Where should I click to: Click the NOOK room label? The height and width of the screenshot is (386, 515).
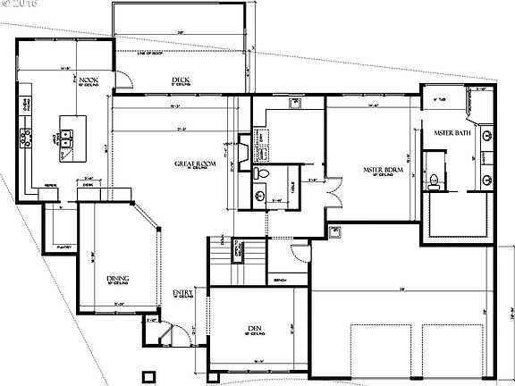pos(88,80)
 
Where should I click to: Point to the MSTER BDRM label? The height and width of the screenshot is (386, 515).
pos(379,167)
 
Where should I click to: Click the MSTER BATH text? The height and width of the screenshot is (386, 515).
pos(452,132)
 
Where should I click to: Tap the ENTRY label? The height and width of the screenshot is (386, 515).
pos(182,292)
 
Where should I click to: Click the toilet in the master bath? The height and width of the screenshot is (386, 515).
pos(433,181)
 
